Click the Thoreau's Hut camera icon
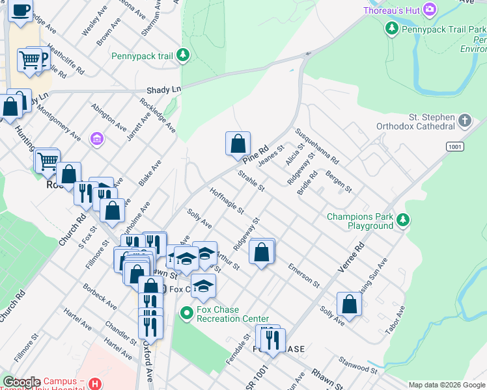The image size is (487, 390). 429,9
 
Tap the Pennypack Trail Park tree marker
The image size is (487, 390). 391,28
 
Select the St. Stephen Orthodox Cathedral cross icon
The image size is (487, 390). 464,121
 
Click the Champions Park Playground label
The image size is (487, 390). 360,221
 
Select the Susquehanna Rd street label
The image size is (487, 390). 317,146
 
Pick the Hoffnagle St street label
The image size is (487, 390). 227,201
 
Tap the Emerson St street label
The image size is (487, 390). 305,275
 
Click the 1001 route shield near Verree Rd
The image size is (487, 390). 455,147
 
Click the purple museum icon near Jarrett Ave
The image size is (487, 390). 97,139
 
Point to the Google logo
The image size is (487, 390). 21,382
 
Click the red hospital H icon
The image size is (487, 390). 96,383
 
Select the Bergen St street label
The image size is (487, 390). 339,181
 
